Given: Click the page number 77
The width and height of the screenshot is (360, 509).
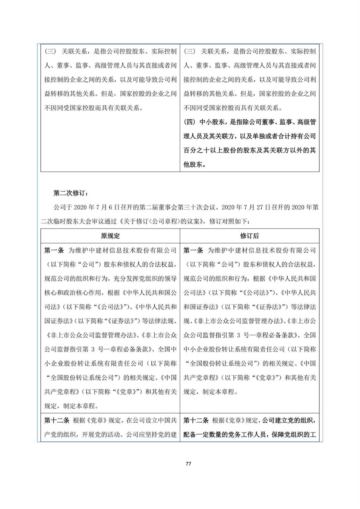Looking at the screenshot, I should coord(188,463).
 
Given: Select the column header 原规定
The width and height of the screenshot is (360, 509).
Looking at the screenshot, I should coord(110,236).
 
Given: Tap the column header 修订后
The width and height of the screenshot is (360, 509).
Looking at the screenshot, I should coord(249,236).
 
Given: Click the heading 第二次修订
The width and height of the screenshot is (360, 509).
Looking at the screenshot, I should coord(71,193).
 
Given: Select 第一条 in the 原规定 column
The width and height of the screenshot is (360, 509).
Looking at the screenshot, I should coord(54,250).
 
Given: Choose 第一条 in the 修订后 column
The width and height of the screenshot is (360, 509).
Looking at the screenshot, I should coord(193,250).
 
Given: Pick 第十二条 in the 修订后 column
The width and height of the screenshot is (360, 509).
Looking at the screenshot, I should coord(196,421).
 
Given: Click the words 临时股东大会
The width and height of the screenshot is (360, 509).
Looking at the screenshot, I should coord(69,221).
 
